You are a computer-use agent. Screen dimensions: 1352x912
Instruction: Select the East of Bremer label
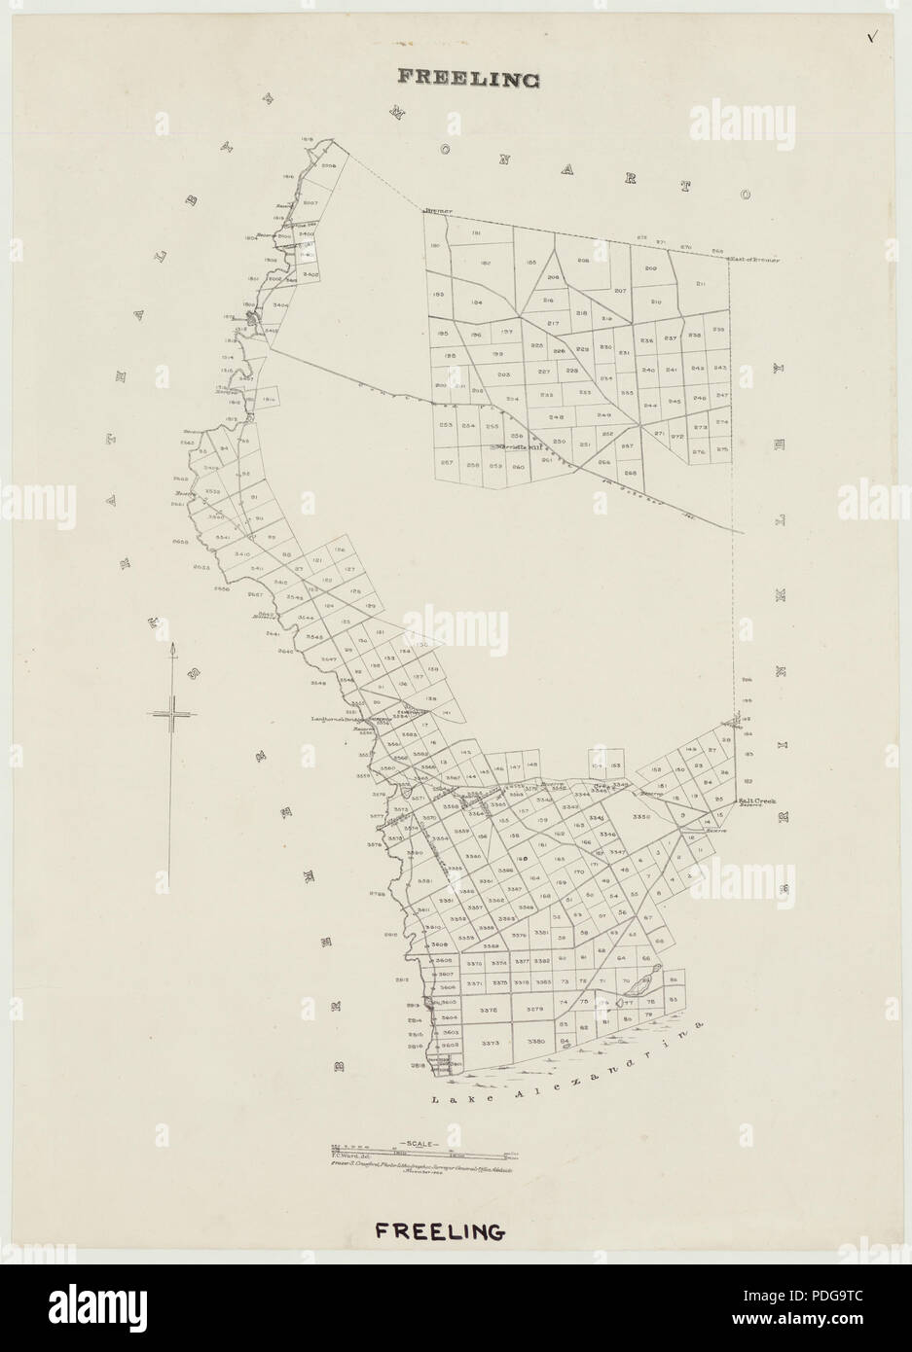[x=758, y=260]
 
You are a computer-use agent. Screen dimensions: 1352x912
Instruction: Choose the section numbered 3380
[x=535, y=1042]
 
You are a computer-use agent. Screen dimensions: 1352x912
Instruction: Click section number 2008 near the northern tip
[x=328, y=166]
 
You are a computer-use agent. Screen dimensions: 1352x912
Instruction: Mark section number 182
[x=485, y=264]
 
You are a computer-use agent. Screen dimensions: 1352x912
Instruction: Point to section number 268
[x=630, y=473]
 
